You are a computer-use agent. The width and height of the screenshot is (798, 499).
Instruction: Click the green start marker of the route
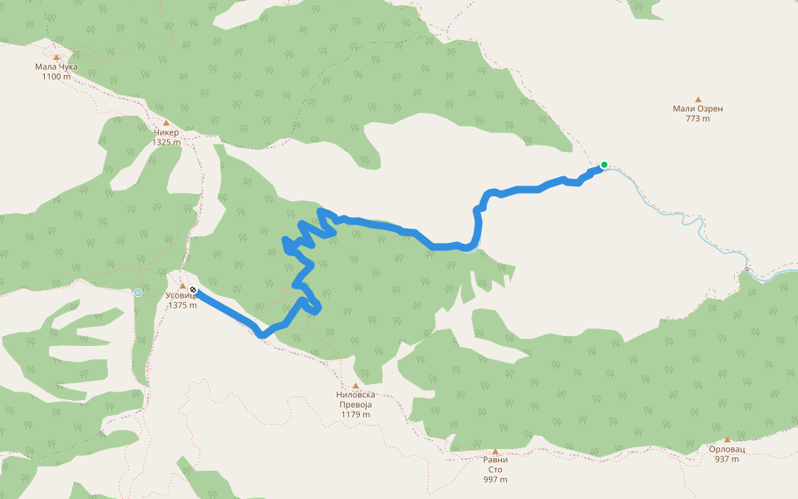click(604, 165)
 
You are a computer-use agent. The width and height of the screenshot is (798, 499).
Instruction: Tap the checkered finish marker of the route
click(193, 290)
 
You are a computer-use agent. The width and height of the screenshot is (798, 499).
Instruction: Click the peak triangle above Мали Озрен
click(697, 99)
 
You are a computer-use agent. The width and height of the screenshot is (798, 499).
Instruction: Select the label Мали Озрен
click(697, 109)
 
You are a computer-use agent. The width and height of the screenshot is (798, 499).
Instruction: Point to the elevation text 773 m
click(697, 119)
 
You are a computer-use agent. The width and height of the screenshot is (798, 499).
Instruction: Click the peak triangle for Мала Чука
click(57, 57)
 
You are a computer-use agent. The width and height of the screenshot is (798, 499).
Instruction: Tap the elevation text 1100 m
click(57, 77)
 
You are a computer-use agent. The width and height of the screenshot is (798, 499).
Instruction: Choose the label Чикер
click(166, 132)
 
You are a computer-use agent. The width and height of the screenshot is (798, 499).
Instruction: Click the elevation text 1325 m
click(166, 142)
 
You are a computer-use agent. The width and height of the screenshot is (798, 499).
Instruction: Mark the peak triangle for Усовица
click(182, 286)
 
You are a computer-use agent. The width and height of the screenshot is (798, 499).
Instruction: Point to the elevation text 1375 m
click(182, 305)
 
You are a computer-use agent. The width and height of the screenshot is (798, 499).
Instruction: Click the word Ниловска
click(356, 395)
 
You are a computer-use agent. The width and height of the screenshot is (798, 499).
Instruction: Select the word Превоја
click(356, 404)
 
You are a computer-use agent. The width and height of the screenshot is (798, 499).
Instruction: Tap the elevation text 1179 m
click(356, 414)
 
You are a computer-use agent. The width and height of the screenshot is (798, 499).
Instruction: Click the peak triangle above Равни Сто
click(495, 451)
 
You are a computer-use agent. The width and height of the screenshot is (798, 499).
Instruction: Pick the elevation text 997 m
click(495, 480)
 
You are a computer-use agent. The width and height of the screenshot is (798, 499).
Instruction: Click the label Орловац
click(727, 449)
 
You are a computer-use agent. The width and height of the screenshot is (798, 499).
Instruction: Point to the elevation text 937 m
click(727, 459)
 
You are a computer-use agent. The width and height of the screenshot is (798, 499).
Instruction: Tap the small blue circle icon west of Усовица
click(137, 293)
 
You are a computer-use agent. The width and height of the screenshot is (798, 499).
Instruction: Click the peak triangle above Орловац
click(727, 440)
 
